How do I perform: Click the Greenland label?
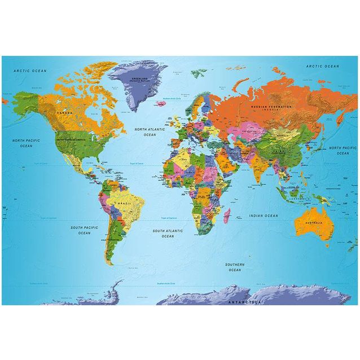coord(138,80)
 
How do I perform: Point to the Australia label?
coord(314,223)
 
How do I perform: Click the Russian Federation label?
coord(272,107)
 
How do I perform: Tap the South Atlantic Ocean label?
coord(168,233)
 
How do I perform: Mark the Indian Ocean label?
coord(264,216)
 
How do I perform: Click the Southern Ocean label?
coord(235,267)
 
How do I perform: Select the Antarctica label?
coord(245,302)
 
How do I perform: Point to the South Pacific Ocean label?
coord(84,230)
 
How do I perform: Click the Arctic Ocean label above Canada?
coord(30,71)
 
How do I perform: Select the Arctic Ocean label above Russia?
coord(323,67)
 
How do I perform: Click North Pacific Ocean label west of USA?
coord(27,143)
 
